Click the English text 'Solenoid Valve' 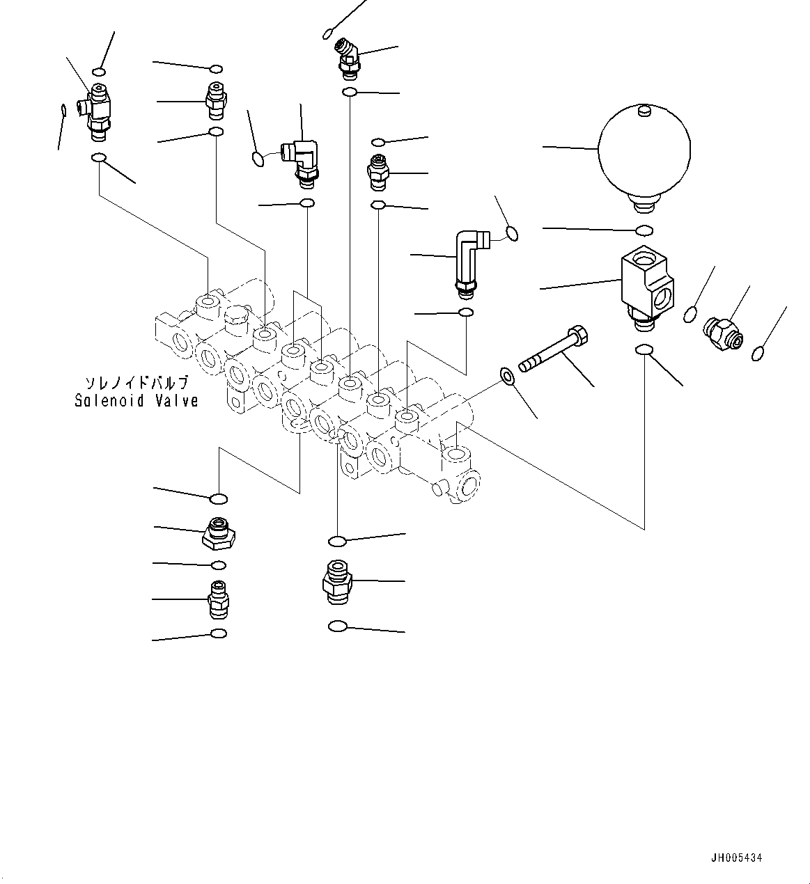tap(137, 401)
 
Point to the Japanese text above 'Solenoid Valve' tap(137, 383)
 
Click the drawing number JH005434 tap(736, 858)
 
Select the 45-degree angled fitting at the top tap(346, 56)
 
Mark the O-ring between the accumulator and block tap(644, 230)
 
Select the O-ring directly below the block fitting tap(644, 350)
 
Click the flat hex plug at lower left tap(218, 533)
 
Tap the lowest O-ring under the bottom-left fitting tap(218, 633)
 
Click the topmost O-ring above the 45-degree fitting tap(328, 32)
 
